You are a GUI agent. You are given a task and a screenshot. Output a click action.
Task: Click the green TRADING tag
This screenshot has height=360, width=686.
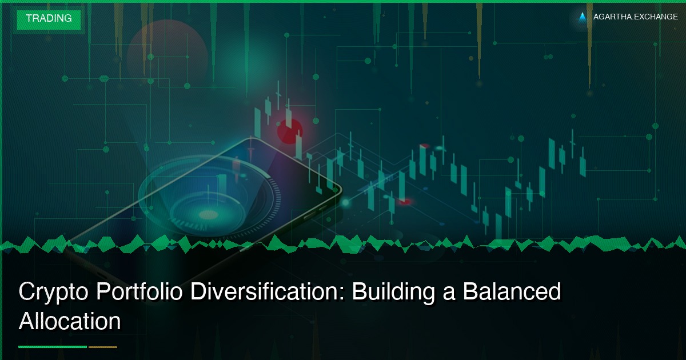point(49,18)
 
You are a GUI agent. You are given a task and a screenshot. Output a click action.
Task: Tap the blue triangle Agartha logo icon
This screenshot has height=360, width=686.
point(583,17)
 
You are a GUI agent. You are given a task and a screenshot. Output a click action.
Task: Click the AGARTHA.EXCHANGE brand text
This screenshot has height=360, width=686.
point(635,17)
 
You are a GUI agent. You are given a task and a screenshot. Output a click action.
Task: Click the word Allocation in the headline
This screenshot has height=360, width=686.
point(69,321)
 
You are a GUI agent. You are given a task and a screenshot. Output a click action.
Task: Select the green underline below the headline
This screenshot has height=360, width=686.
point(53,347)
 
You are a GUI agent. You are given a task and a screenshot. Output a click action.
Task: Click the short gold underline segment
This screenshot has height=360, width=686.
point(103,347)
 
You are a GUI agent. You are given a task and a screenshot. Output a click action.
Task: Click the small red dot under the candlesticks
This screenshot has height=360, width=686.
point(405,201)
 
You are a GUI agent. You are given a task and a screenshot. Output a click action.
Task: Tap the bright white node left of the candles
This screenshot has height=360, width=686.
point(345,202)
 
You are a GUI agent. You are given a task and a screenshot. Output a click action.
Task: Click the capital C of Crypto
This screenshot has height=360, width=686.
point(27,293)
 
